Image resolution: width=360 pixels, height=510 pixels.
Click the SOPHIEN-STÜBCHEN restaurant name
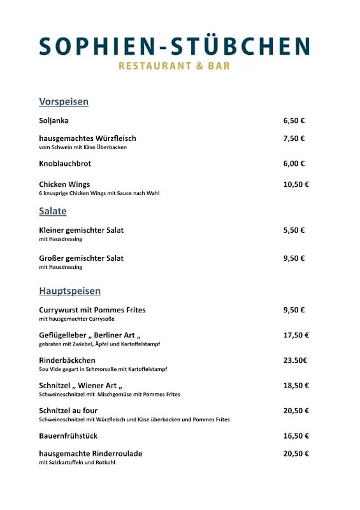[x=174, y=46]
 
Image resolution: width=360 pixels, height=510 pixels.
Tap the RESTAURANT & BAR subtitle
[x=174, y=66]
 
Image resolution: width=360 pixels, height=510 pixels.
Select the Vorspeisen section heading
[x=64, y=102]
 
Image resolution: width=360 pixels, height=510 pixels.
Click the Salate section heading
[x=53, y=211]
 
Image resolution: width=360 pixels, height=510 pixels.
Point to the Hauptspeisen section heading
[x=69, y=291]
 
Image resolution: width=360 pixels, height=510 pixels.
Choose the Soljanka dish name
[x=54, y=120]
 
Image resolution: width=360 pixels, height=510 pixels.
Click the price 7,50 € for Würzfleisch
[x=294, y=138]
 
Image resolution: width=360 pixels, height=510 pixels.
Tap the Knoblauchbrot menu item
[x=65, y=164]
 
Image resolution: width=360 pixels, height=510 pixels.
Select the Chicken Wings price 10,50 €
[x=296, y=184]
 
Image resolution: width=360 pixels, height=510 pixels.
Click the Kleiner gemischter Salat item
[x=81, y=230]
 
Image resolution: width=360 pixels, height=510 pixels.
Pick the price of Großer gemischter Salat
[x=294, y=258]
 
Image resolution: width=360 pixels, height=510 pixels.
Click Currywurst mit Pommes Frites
[x=92, y=310]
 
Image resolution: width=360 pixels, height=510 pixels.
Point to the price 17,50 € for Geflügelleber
[x=296, y=335]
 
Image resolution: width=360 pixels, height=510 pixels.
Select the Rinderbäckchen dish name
[x=67, y=360]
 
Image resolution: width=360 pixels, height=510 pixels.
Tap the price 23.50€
[x=295, y=360]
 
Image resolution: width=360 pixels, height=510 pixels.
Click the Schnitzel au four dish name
[x=68, y=411]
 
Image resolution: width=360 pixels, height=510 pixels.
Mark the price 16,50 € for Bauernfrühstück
[x=296, y=436]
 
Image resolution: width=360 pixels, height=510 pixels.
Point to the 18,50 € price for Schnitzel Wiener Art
[x=296, y=386]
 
